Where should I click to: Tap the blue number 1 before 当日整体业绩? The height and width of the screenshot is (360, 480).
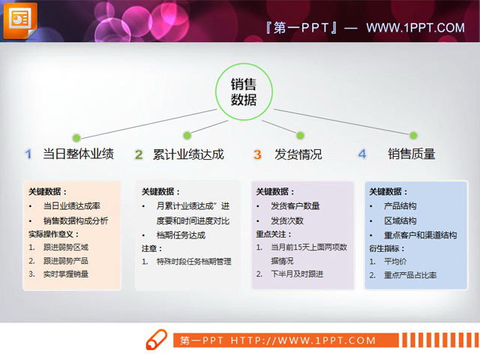[28, 154]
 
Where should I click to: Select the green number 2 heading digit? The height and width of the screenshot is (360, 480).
[139, 154]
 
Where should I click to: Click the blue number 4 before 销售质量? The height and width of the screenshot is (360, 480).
[361, 154]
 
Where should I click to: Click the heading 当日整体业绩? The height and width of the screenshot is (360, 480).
[78, 154]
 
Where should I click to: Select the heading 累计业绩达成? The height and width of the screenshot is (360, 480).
[188, 154]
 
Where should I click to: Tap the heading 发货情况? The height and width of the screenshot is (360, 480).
[298, 154]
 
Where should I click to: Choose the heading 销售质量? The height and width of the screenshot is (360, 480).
[411, 154]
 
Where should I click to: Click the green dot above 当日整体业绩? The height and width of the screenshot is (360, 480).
[76, 137]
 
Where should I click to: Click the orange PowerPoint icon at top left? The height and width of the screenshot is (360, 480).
[22, 18]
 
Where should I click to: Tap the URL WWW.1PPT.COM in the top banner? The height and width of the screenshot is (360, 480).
[415, 28]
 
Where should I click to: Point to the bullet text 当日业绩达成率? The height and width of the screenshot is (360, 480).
[71, 205]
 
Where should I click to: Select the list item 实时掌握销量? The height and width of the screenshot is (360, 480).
[66, 274]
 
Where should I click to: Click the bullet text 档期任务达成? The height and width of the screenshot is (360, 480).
[181, 235]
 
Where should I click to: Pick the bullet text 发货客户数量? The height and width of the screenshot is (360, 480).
[295, 205]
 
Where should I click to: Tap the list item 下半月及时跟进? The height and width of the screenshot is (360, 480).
[297, 274]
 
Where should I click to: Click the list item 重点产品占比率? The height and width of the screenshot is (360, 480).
[410, 275]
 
